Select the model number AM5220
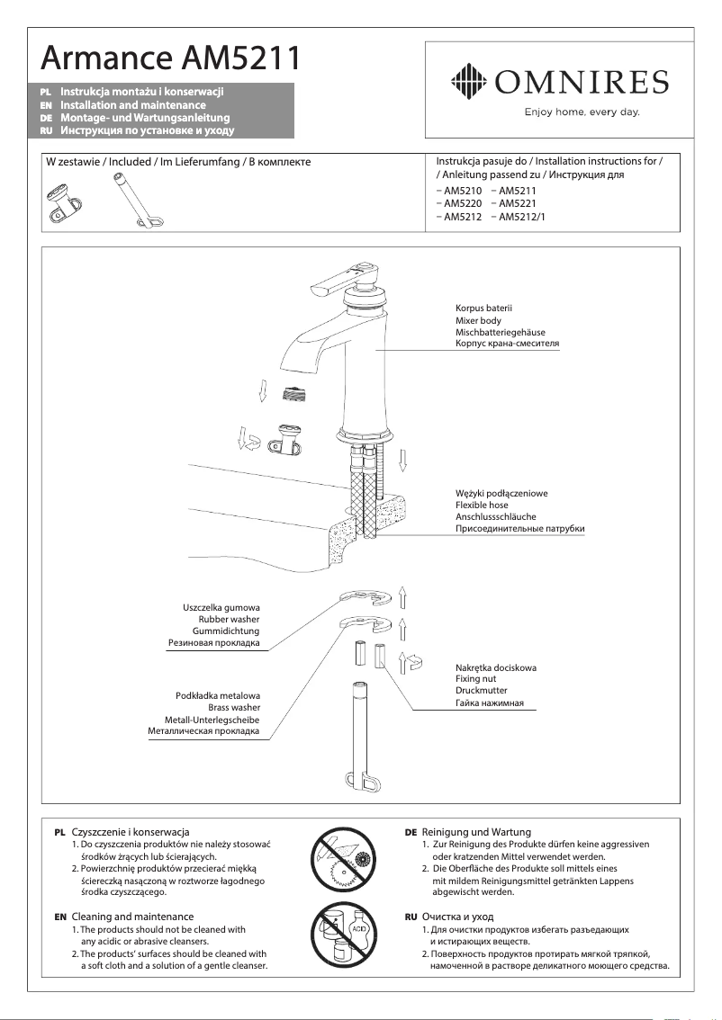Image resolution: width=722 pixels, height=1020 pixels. (x=459, y=204)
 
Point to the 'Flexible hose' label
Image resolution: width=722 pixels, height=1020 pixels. (x=482, y=506)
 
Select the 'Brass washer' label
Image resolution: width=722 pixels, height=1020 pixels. (x=234, y=708)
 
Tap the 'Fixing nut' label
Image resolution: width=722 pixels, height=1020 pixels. (x=477, y=679)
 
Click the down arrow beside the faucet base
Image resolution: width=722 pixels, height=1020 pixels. (x=404, y=461)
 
